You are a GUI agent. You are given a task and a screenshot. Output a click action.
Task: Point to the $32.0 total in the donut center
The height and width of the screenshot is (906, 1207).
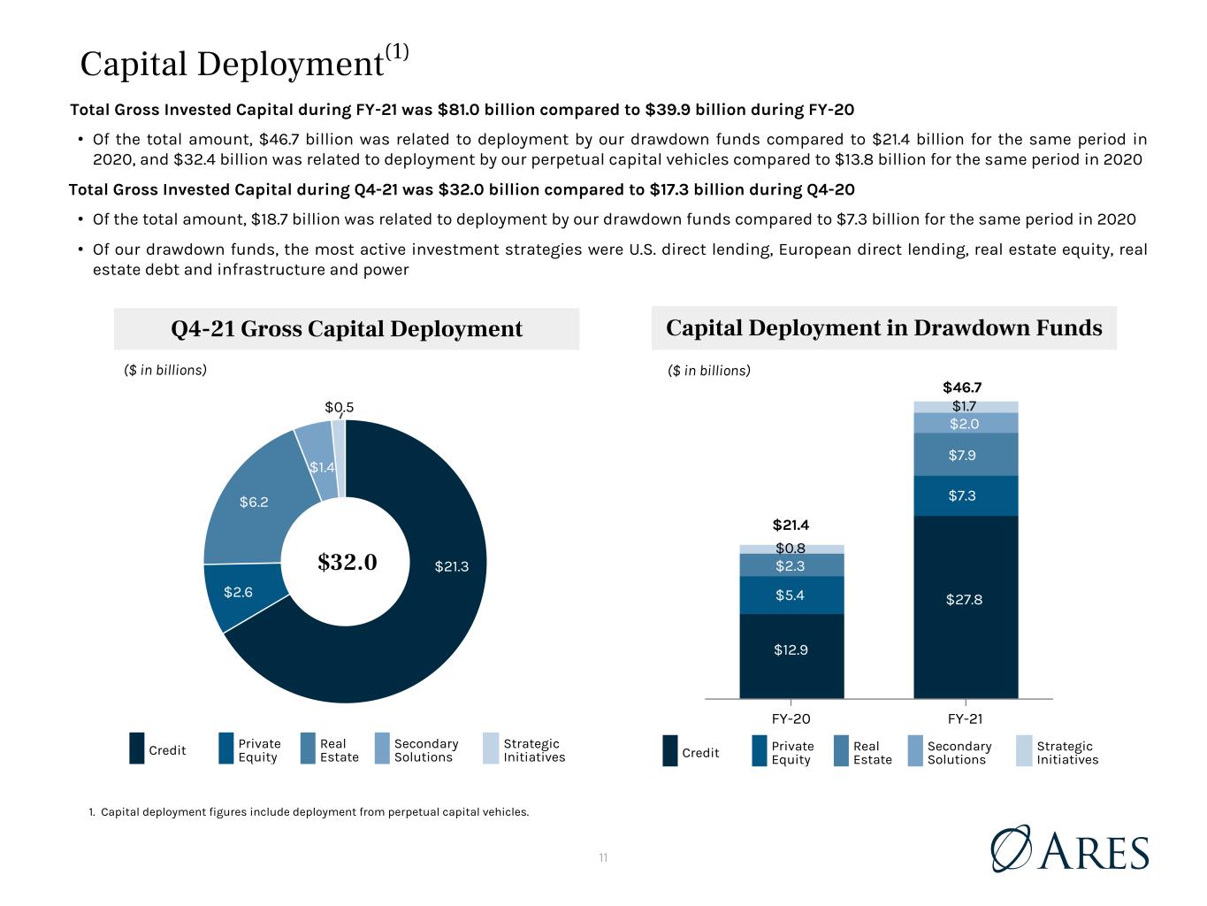point(347,562)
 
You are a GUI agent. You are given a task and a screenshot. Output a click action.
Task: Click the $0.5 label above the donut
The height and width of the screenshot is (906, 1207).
point(340,407)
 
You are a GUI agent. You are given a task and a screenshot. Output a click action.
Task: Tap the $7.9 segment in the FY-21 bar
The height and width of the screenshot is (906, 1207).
point(966,455)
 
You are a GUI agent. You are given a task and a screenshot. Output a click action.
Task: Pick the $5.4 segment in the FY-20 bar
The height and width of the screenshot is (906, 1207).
point(791,595)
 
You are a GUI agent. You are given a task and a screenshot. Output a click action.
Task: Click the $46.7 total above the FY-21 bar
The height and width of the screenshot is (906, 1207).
point(962,388)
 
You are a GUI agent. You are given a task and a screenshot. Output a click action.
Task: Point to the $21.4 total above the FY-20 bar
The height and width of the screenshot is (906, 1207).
point(791,525)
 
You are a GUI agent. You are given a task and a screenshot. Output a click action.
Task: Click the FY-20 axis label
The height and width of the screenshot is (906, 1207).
point(791,718)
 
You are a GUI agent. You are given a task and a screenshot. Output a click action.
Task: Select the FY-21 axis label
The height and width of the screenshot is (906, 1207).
point(965,718)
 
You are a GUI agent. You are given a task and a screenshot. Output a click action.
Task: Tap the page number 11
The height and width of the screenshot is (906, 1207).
point(603,857)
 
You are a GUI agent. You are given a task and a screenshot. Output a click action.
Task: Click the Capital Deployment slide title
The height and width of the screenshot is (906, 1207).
point(244,62)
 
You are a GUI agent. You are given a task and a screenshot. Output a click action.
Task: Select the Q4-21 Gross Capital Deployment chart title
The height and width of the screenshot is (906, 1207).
point(347,328)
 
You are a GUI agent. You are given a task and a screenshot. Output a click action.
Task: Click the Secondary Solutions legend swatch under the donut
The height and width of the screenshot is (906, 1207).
point(382,749)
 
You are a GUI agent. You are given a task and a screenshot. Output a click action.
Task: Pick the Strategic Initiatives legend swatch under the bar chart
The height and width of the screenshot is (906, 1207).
point(1024,751)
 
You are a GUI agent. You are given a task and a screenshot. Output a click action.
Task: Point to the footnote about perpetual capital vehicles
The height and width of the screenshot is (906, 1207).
point(309,812)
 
